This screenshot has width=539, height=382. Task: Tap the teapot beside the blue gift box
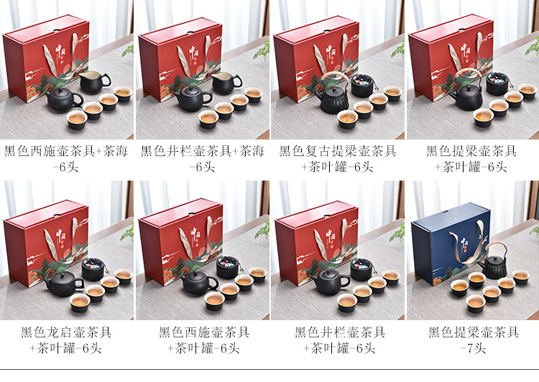point(494,263)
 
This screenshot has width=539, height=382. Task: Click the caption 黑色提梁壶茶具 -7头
point(474,340)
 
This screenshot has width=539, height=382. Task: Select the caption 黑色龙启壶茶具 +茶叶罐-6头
point(66,340)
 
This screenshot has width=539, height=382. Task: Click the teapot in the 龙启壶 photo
point(63,284)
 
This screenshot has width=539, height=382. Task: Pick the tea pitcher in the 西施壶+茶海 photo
point(94,82)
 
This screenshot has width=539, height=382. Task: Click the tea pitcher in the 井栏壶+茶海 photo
point(226,83)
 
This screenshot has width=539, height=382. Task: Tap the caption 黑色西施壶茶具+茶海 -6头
point(66,159)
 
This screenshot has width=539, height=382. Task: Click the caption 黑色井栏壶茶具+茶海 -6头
point(203,159)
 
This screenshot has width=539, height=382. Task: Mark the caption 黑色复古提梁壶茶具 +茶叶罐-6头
point(338,159)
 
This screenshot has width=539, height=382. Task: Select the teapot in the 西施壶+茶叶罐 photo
point(199,281)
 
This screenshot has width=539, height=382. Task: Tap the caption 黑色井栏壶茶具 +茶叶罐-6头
point(340,340)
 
